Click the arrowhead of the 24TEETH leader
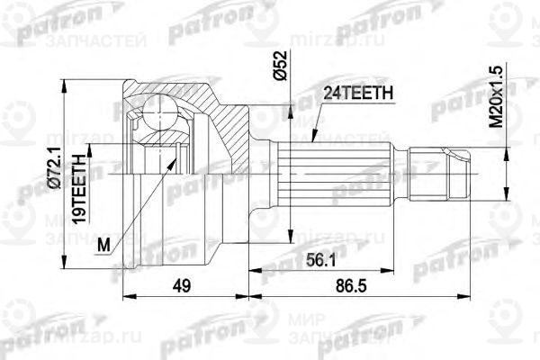point(311,142)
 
